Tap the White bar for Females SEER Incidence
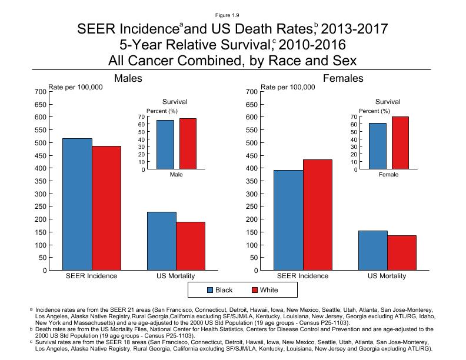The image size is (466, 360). (x=318, y=215)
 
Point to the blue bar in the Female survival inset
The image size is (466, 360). (x=378, y=146)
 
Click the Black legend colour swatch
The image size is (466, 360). (x=210, y=290)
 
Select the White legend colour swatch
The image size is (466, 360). (x=255, y=290)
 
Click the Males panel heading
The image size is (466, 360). (x=128, y=78)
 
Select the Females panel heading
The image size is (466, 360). (x=343, y=78)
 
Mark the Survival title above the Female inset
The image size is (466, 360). (x=388, y=102)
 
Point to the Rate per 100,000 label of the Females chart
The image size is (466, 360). (x=288, y=87)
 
